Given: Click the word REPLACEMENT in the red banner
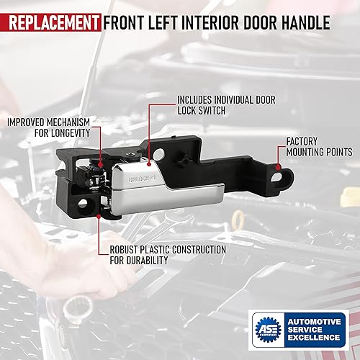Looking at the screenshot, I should (x=51, y=22).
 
